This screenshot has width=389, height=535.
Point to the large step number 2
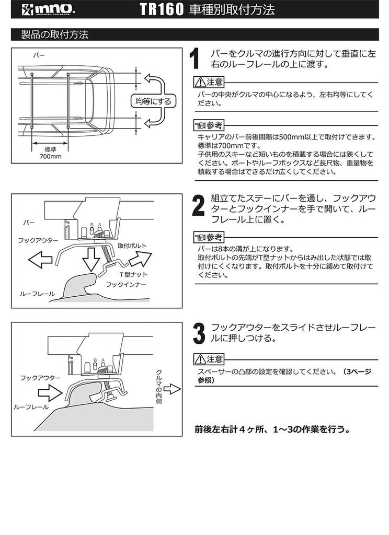[197, 206]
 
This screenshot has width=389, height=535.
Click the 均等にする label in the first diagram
[154, 101]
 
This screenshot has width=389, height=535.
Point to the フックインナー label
[126, 285]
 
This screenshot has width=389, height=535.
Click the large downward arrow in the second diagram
[92, 258]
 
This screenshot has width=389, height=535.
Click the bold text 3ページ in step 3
[356, 372]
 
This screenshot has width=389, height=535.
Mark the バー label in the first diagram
[39, 54]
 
